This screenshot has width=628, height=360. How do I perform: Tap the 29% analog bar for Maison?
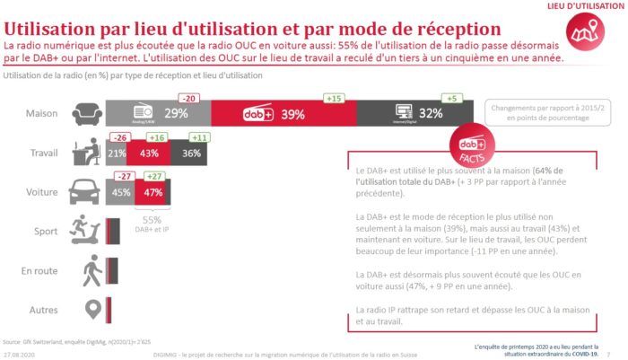pos(159,114)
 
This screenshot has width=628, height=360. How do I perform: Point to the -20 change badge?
pos(188,98)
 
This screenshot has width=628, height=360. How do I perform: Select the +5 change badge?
pos(451,98)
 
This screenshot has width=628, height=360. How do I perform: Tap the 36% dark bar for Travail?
pos(190,154)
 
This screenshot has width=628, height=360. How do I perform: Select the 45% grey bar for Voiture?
pos(118,191)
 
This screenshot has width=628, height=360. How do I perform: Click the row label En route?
pos(39,270)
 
